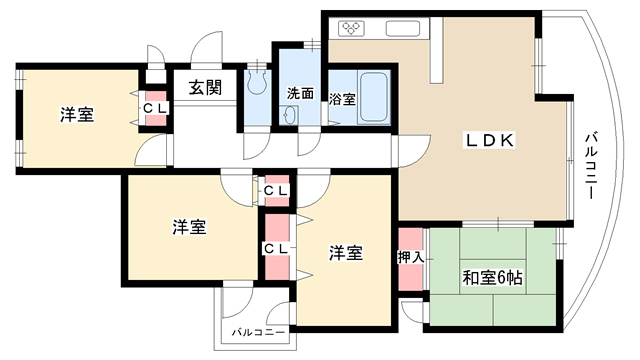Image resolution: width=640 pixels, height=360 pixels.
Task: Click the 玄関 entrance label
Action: pos(205,88)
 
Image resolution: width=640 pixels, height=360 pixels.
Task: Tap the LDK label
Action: pos(490,140)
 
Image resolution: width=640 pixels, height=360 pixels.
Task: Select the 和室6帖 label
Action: pos(492,278)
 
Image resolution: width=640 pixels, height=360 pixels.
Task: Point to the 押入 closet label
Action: pos(411,258)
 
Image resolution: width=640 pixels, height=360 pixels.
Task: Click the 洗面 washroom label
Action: pos(300,93)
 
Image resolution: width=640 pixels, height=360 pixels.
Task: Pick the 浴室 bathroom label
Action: pos(342,99)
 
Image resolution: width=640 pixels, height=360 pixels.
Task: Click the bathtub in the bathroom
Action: pos(373,97)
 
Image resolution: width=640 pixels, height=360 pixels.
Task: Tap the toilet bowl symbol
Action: pos(258,81)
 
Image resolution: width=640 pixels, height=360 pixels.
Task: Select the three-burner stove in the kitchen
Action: pos(351,28)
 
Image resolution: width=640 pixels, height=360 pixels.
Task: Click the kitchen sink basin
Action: pos(403,28)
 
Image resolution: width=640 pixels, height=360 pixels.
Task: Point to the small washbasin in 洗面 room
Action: pos(289,115)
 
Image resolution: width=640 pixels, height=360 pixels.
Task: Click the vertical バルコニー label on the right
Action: pos(591,165)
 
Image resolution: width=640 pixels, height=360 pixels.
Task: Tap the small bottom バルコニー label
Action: pos(258,332)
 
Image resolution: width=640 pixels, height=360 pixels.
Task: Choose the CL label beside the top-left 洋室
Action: pos(155,109)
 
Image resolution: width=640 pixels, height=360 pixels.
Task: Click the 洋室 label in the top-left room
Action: pos(77,115)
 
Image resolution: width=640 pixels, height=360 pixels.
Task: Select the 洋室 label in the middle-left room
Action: pos(189,227)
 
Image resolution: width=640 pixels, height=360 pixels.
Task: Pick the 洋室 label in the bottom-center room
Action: pos(346,253)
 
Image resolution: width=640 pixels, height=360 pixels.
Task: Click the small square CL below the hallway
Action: pos(276,191)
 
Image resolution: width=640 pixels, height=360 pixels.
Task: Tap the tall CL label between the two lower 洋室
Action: pos(276,249)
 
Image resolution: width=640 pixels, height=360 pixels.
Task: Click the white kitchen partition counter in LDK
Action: pos(436,50)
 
